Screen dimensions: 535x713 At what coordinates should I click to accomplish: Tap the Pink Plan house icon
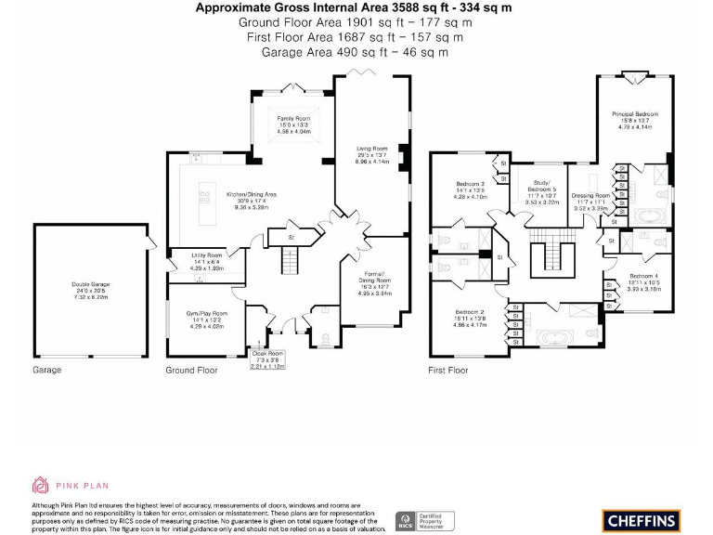40,485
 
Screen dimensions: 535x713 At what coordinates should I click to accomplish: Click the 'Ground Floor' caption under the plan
191,370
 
